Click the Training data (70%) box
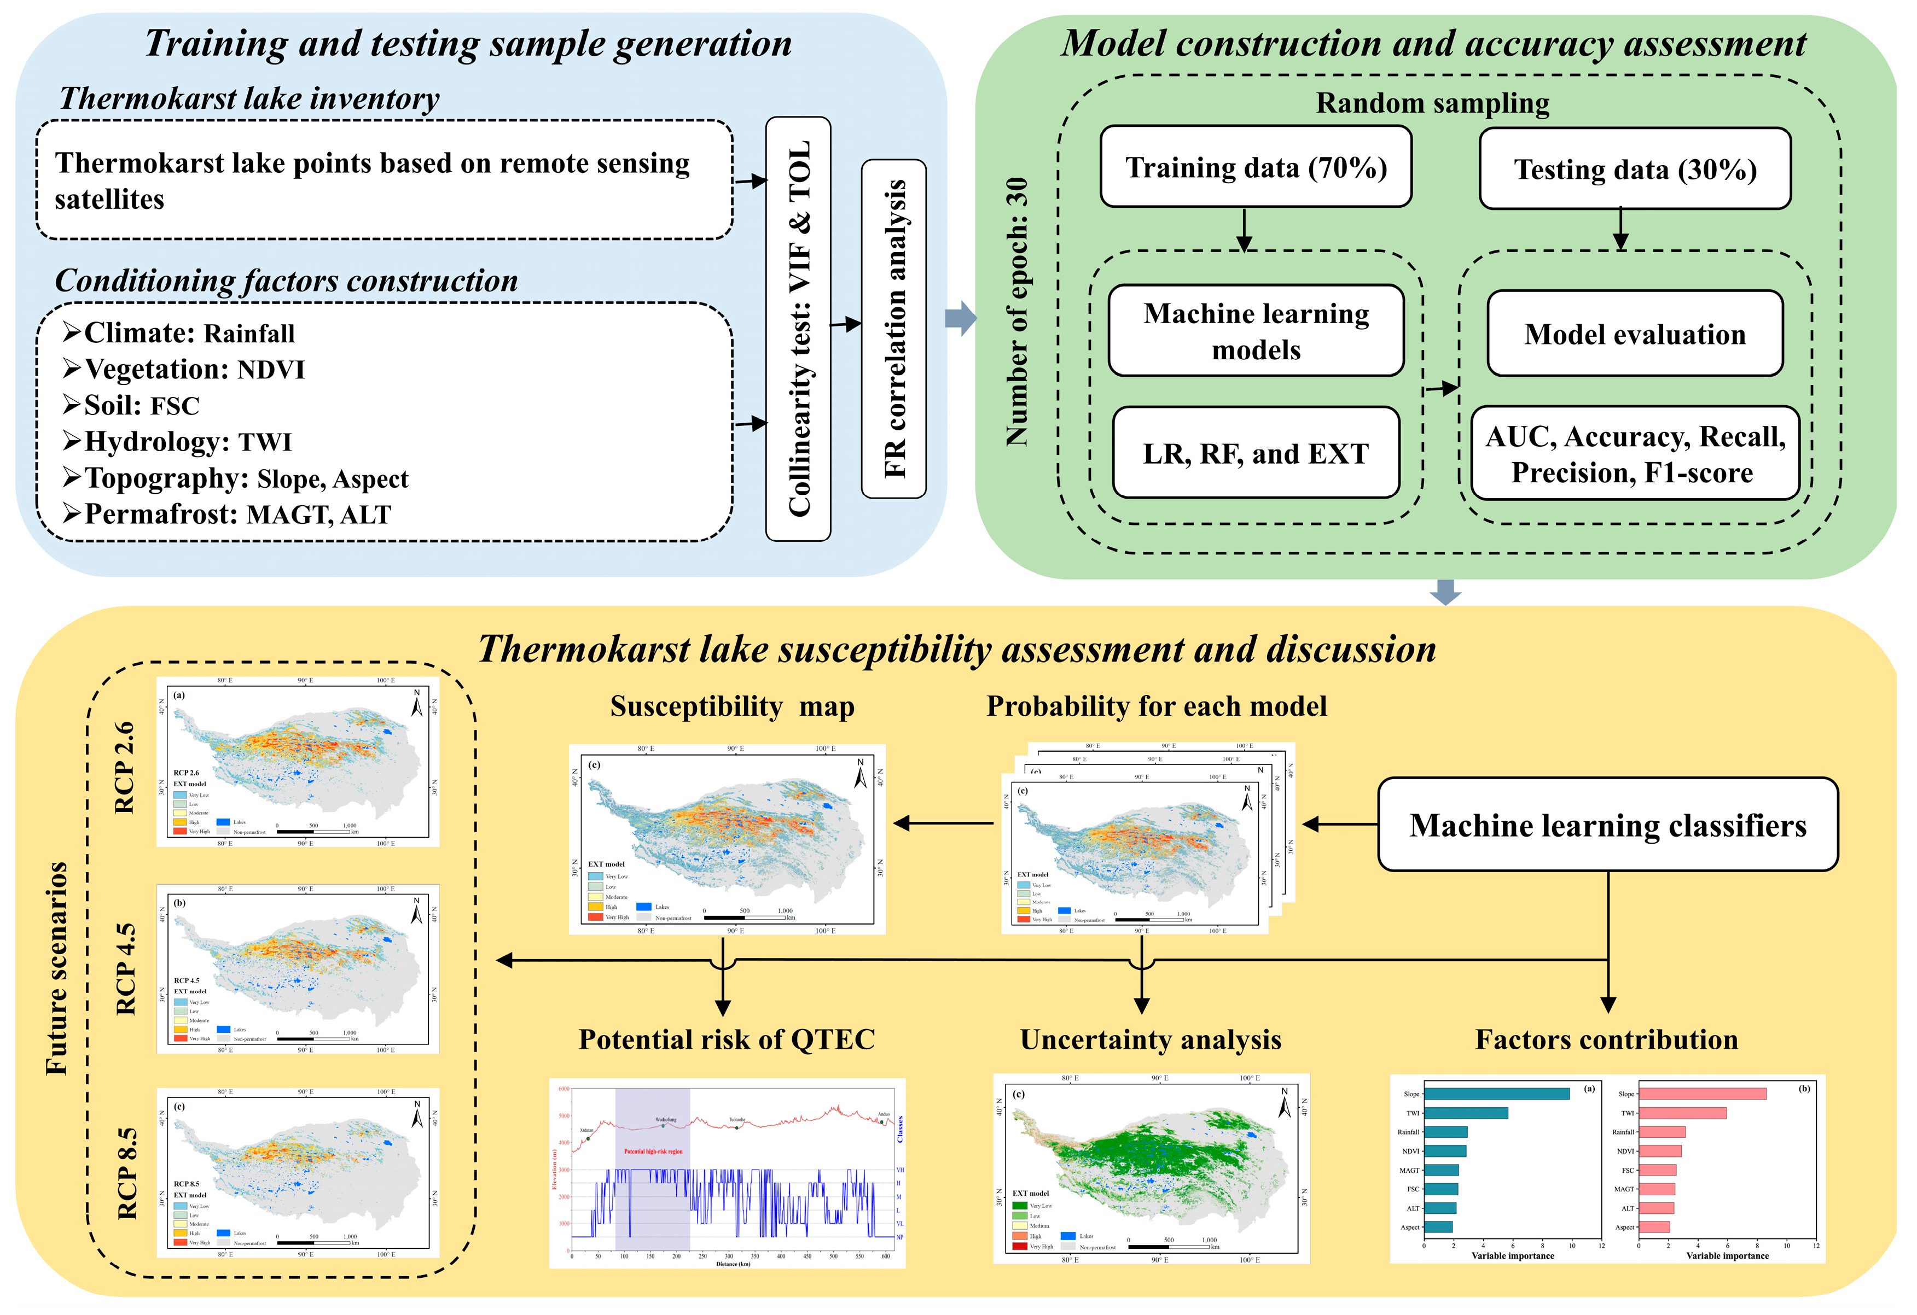point(1256,167)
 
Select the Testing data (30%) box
point(1635,169)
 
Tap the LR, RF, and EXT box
point(1256,453)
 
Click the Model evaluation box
point(1635,334)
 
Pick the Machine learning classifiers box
point(1608,825)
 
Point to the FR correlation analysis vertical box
point(894,328)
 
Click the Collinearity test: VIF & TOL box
point(798,328)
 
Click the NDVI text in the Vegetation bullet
point(271,370)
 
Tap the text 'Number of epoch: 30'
point(1017,312)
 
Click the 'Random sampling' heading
point(1432,103)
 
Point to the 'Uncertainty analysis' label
point(1151,1039)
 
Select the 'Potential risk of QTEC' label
point(727,1039)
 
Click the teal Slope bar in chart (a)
point(1496,1094)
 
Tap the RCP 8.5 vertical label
point(127,1173)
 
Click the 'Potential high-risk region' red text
point(653,1151)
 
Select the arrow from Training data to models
point(1244,230)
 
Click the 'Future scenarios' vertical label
point(56,969)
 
